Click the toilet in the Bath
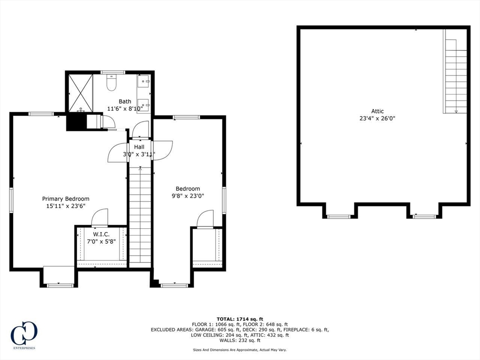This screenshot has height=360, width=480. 111,83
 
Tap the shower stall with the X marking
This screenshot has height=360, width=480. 81,92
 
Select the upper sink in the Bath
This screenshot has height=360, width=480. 143,82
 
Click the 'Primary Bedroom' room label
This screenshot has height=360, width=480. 66,199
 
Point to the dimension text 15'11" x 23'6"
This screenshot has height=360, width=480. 66,206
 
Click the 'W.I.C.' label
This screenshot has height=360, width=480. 101,234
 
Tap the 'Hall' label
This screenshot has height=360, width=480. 139,147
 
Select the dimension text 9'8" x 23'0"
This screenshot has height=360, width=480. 188,196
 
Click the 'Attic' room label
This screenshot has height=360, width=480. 377,111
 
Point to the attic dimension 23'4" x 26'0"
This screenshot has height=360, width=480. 377,119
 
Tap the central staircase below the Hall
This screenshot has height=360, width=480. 140,213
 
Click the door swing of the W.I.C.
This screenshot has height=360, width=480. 99,218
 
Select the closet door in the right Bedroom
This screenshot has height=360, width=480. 205,219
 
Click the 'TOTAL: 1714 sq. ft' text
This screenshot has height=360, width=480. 240,319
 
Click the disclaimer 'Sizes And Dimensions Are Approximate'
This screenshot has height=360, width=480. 240,350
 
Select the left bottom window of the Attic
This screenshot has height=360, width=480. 338,217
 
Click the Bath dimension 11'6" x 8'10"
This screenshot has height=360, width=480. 125,108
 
